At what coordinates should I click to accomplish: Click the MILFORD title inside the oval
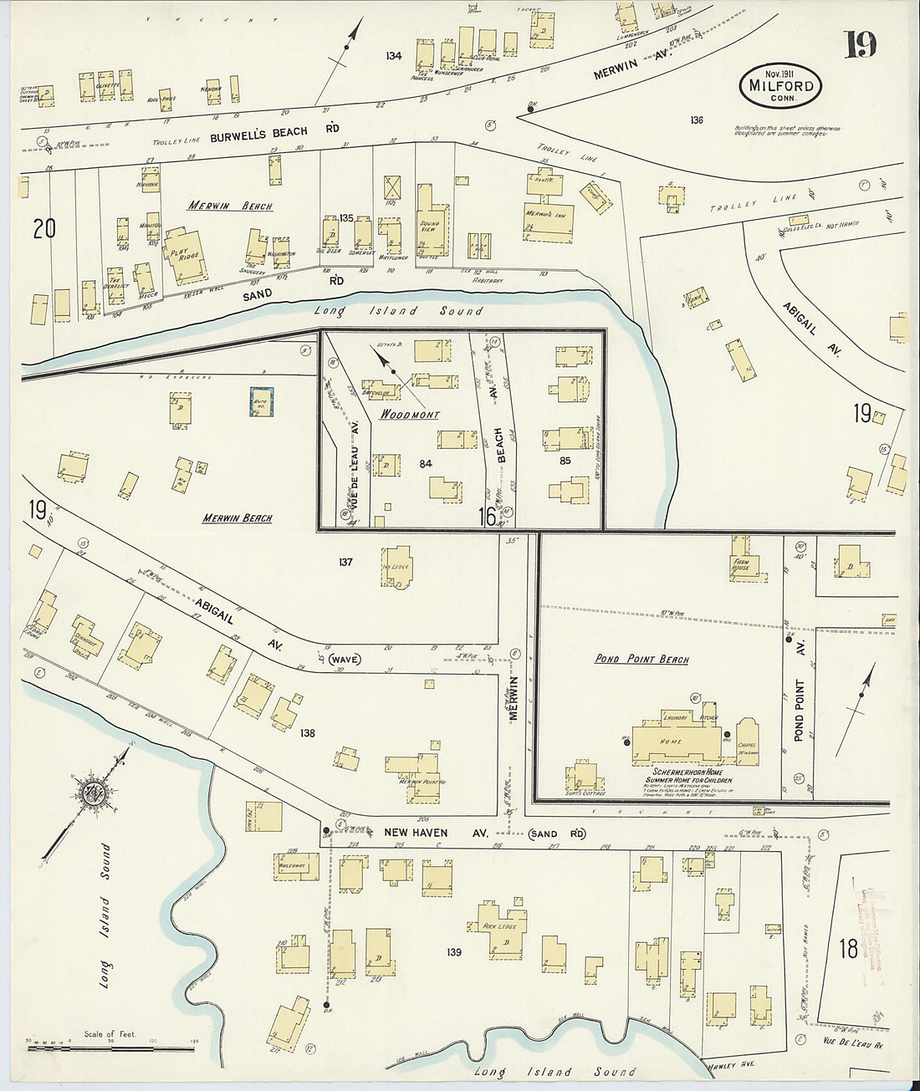click(x=780, y=85)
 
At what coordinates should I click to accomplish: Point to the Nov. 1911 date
click(x=779, y=71)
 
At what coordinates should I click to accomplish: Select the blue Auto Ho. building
click(x=263, y=400)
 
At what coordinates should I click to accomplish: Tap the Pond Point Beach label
click(x=642, y=659)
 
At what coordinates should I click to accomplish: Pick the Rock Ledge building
click(x=500, y=928)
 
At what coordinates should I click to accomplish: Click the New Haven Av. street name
click(x=416, y=833)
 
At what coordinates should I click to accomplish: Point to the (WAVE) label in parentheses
click(x=344, y=660)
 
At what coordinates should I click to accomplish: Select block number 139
click(x=453, y=952)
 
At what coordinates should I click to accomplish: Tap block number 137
click(x=345, y=562)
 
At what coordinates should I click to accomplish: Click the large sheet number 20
click(x=43, y=227)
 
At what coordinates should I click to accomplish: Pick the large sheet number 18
click(x=848, y=947)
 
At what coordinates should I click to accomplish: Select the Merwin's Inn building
click(x=549, y=220)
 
